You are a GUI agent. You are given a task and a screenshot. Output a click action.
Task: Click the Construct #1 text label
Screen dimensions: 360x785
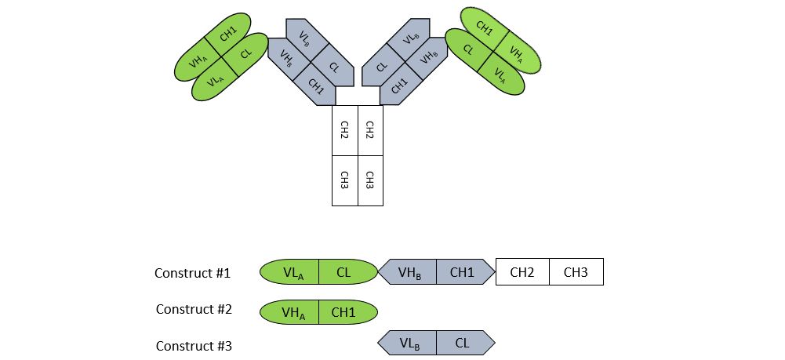(193, 273)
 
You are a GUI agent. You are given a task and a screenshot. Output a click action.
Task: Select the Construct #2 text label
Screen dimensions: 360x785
(194, 309)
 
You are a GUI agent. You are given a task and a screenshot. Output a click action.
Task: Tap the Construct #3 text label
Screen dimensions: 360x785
(194, 345)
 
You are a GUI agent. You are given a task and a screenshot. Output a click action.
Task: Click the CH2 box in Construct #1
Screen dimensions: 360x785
(522, 272)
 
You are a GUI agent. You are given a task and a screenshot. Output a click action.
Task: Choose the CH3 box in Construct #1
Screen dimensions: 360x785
(576, 272)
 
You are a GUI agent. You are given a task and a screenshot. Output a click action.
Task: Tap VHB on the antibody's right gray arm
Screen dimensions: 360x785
(428, 57)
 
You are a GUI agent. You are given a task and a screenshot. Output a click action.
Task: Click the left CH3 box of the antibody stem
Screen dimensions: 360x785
(345, 180)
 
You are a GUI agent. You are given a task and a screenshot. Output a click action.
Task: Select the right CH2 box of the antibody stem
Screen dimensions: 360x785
(370, 130)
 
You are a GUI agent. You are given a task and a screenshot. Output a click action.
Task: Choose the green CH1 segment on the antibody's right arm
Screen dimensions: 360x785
(484, 28)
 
